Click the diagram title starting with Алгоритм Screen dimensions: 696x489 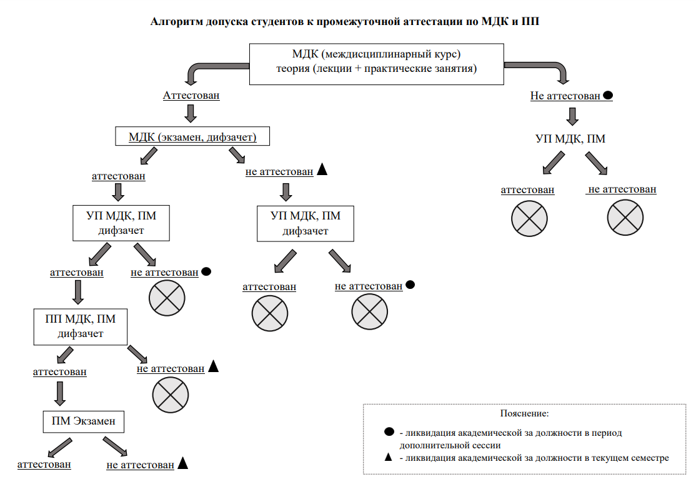coord(345,21)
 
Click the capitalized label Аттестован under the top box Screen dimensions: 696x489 coord(191,96)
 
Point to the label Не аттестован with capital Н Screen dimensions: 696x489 coord(565,96)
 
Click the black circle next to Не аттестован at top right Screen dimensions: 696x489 coord(608,95)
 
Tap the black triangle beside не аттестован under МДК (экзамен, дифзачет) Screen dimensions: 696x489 coord(322,169)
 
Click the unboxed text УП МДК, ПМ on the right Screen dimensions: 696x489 coord(570,139)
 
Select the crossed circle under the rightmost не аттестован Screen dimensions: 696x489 coord(625,218)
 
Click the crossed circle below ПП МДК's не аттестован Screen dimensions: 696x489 coord(171,395)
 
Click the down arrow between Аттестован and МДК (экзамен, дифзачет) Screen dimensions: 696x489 coord(191,113)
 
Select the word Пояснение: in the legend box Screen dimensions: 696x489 coord(524,413)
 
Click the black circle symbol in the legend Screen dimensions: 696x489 coord(389,431)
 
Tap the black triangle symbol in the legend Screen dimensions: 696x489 coord(389,456)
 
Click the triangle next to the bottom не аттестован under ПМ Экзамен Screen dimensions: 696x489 coord(182,463)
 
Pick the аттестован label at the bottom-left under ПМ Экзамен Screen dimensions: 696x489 coord(44,465)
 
